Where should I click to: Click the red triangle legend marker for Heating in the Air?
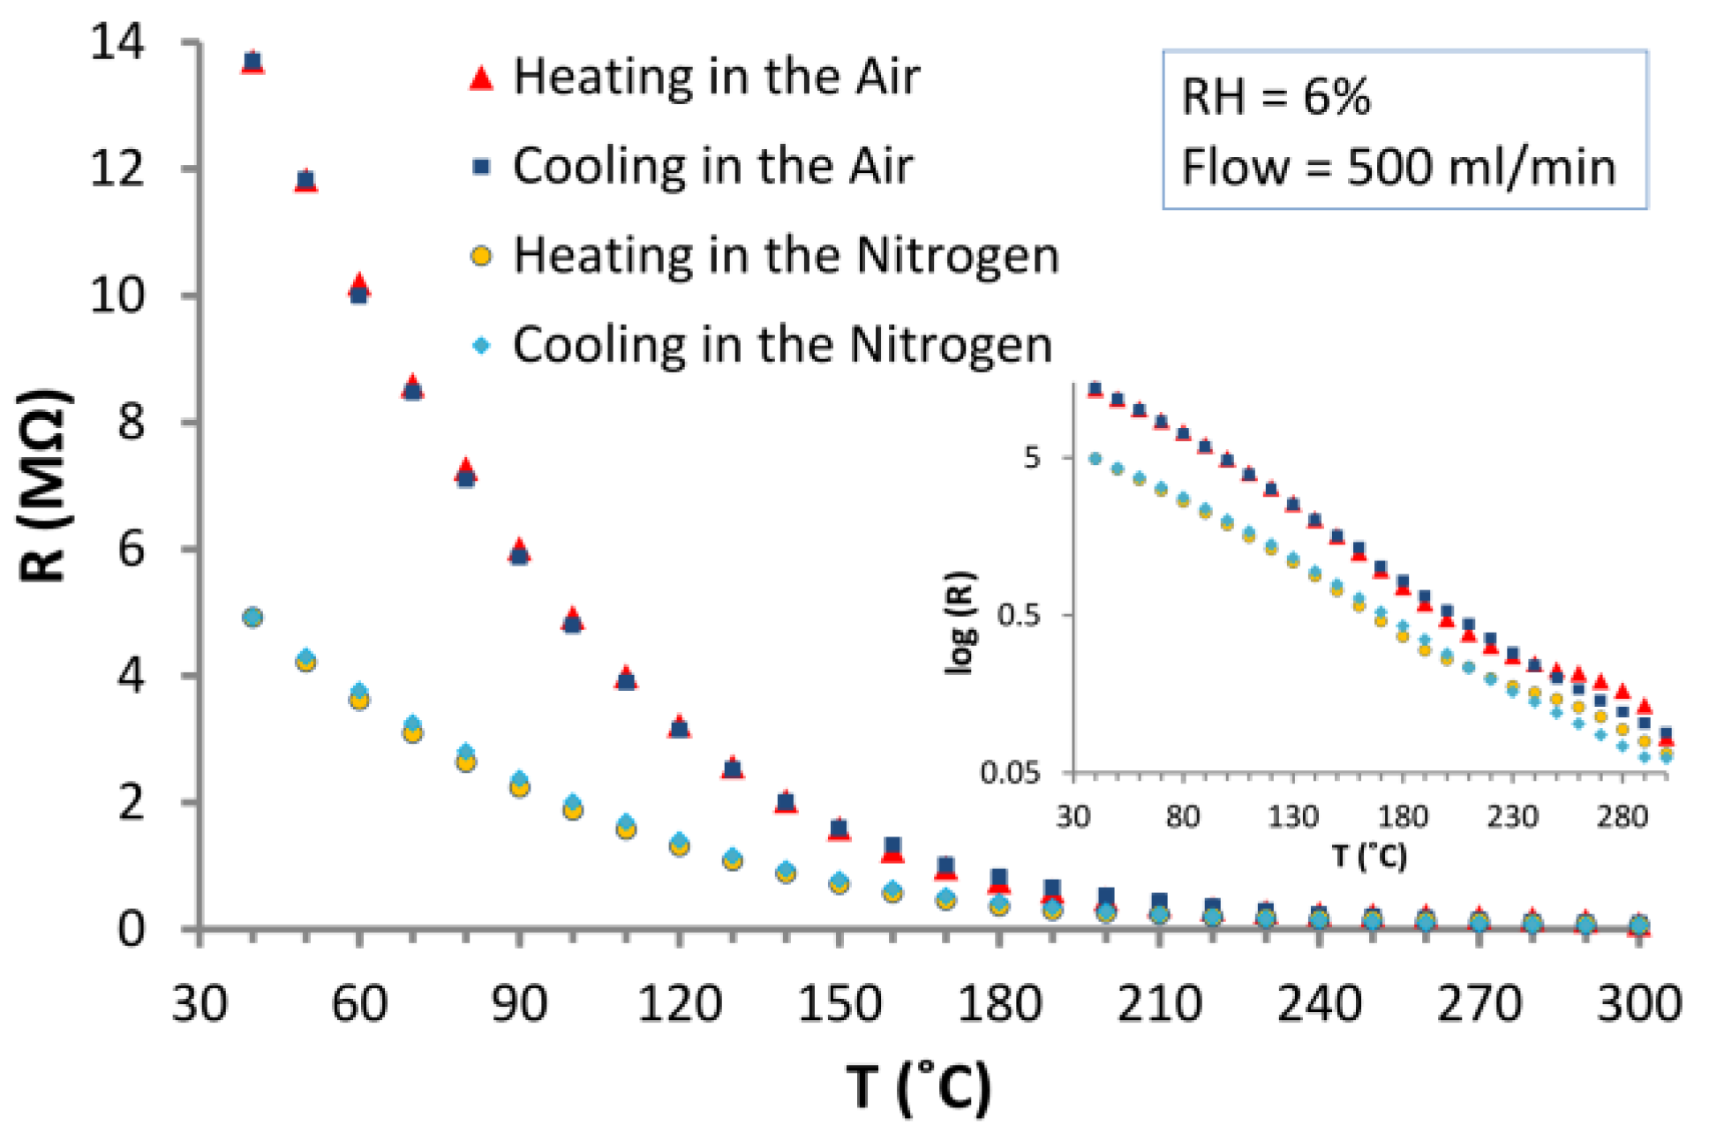coord(481,78)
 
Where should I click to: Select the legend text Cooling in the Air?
coord(712,166)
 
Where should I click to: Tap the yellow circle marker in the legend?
coord(481,256)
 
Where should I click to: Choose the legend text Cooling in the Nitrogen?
coord(782,344)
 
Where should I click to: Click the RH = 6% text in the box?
coord(1276,97)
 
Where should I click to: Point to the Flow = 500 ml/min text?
coord(1398,168)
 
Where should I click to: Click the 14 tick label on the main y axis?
coord(117,42)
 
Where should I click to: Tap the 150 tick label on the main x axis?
coord(839,1004)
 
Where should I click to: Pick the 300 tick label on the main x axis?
coord(1638,1004)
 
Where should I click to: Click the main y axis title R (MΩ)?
coord(42,485)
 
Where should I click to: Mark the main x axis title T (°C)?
coord(918,1087)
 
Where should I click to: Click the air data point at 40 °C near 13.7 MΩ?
coord(252,63)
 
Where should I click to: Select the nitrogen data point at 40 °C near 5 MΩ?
coord(252,617)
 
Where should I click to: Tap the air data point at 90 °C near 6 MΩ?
coord(519,552)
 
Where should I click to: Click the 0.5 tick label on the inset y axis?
coord(1020,614)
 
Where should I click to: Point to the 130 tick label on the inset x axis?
coord(1292,816)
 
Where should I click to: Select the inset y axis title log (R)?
coord(960,623)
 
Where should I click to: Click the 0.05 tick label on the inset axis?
coord(1010,773)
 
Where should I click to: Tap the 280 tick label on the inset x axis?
coord(1622,816)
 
